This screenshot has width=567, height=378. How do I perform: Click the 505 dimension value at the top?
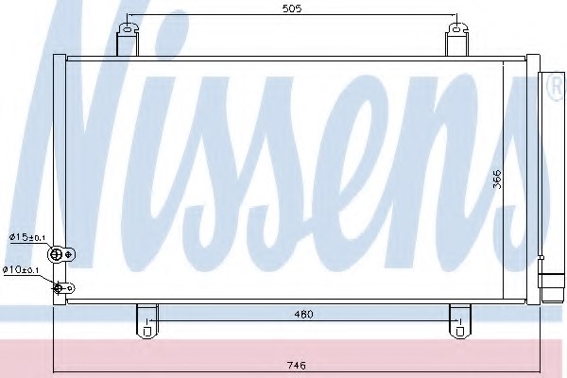click(291, 9)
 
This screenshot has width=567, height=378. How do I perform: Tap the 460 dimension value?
click(303, 315)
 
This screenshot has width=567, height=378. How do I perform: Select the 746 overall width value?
click(297, 365)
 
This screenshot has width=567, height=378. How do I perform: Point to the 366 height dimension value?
click(498, 179)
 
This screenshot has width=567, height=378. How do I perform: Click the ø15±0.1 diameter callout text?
click(27, 237)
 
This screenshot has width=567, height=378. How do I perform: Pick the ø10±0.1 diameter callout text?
click(21, 269)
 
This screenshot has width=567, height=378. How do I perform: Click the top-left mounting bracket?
click(128, 40)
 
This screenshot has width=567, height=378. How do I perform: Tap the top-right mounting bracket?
click(456, 40)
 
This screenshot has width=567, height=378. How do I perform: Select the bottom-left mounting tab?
click(146, 321)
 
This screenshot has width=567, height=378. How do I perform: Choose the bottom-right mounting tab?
click(460, 321)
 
